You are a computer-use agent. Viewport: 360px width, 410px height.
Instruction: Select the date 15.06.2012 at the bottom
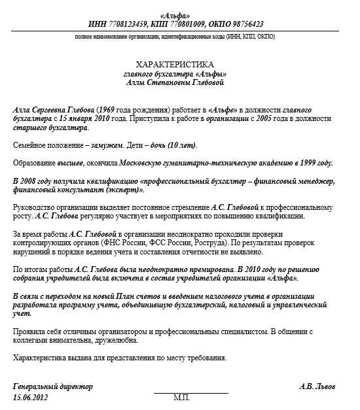coord(31,397)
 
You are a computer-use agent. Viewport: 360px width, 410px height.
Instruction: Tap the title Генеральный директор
coord(53,386)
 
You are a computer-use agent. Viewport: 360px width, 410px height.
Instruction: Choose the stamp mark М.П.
coord(181,398)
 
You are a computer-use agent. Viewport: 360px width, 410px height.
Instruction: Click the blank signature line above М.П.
coord(191,392)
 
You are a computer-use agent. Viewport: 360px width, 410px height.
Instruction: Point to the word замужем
coord(111,145)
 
